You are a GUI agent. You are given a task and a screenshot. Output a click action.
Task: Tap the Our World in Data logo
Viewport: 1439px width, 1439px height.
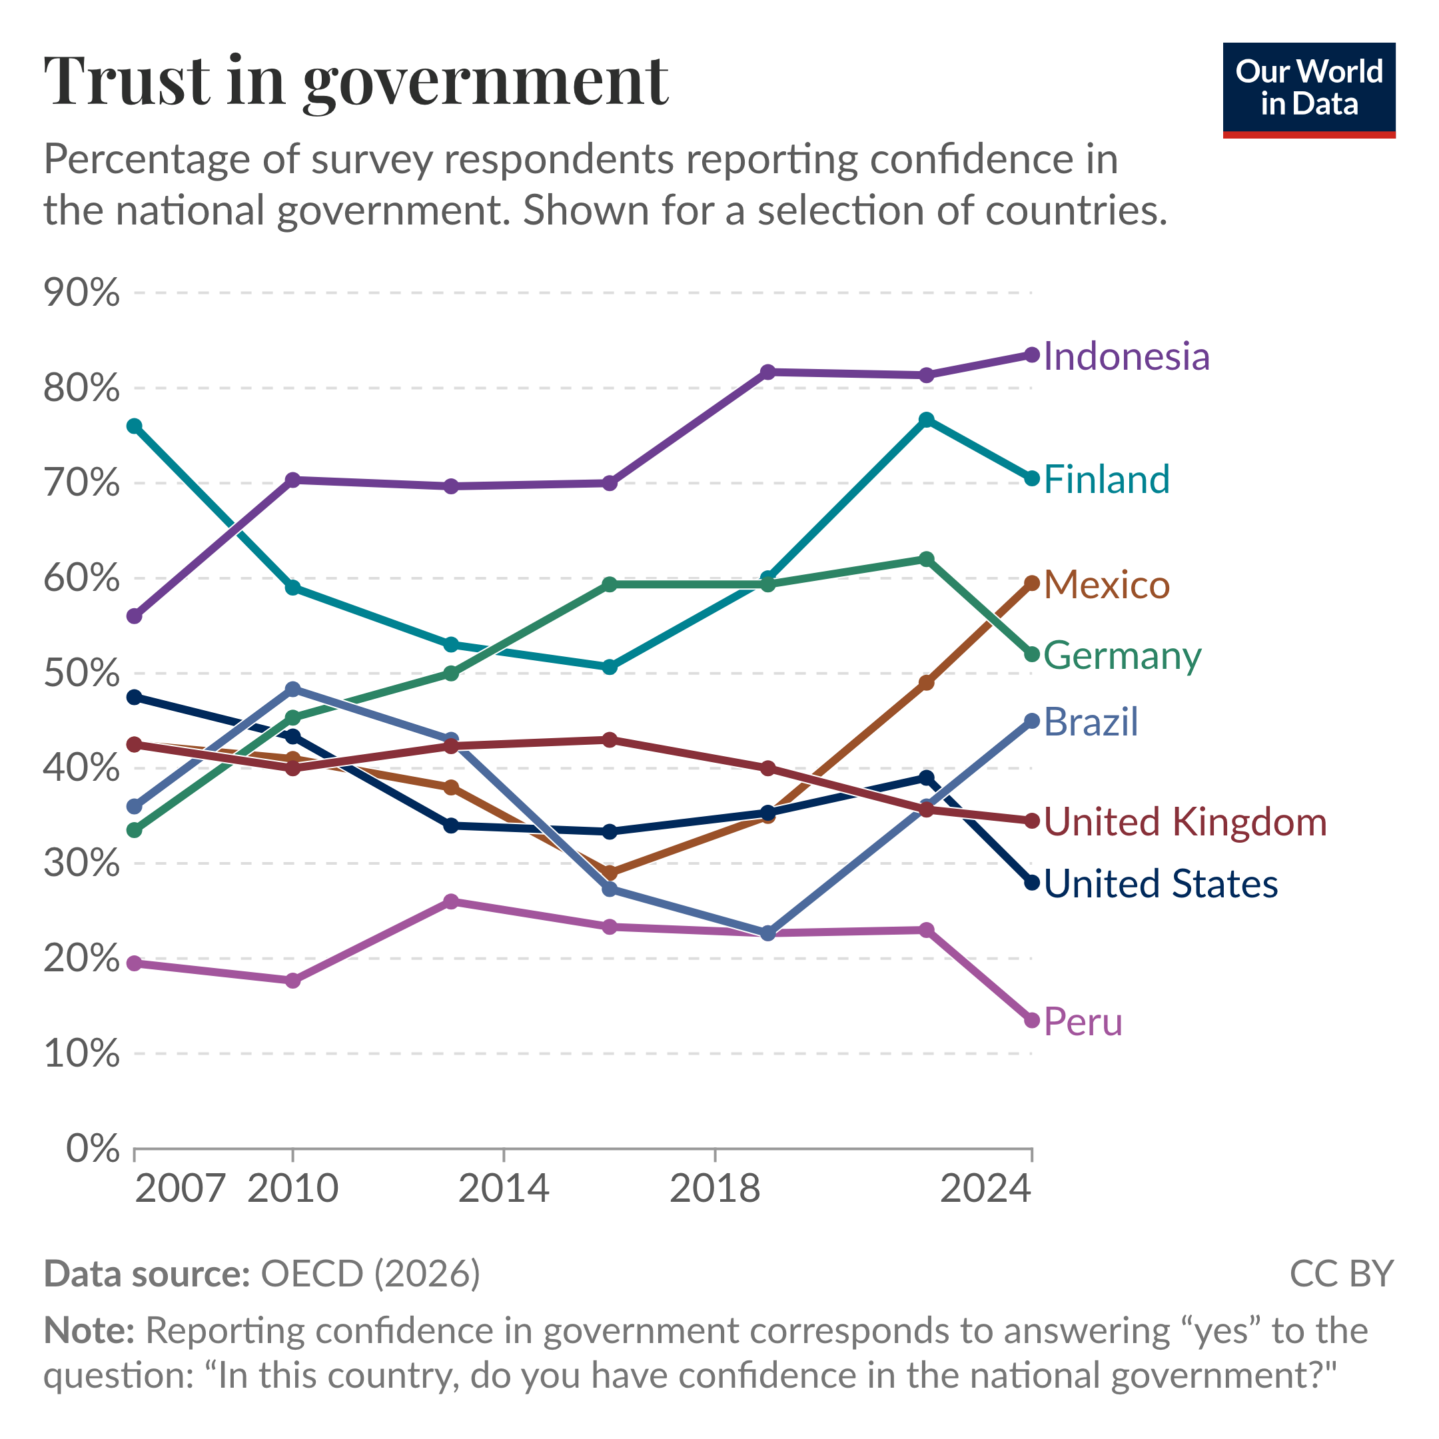(1308, 89)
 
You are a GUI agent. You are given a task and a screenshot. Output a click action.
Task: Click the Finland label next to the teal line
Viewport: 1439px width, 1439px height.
(1106, 479)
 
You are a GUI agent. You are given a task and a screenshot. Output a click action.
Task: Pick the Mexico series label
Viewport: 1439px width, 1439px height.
(1106, 585)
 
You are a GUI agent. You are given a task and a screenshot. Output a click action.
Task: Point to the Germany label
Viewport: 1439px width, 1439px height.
(1122, 656)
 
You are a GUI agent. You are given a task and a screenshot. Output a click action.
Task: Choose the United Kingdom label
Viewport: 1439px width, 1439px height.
(1185, 822)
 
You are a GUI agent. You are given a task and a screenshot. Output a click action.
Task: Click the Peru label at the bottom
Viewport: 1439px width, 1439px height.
(1082, 1021)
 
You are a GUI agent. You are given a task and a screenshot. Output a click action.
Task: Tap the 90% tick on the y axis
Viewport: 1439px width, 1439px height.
(82, 292)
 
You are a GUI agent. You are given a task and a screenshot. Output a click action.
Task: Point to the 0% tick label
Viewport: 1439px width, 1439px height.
(93, 1149)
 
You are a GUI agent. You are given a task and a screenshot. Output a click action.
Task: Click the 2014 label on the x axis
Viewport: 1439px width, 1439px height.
(504, 1189)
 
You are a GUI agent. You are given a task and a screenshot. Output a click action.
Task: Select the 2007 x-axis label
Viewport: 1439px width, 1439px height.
(181, 1189)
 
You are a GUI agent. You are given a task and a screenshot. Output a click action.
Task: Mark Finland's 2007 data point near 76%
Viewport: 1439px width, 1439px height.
(135, 426)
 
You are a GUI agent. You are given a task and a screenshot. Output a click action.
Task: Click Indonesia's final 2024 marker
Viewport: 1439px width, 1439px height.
(1031, 354)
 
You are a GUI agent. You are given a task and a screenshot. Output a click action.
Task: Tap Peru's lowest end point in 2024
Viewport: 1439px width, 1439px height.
(1031, 1021)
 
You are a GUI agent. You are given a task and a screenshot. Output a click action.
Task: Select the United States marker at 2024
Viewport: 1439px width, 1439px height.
(1031, 883)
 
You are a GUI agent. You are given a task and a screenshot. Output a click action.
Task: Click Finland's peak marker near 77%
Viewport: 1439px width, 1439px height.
(927, 420)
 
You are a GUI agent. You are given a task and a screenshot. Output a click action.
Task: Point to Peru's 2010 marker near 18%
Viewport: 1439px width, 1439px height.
(292, 980)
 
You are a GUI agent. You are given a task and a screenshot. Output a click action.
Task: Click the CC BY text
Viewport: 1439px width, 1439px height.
(1340, 1274)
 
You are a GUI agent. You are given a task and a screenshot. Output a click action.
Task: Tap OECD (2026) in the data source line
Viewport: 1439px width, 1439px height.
(370, 1274)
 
